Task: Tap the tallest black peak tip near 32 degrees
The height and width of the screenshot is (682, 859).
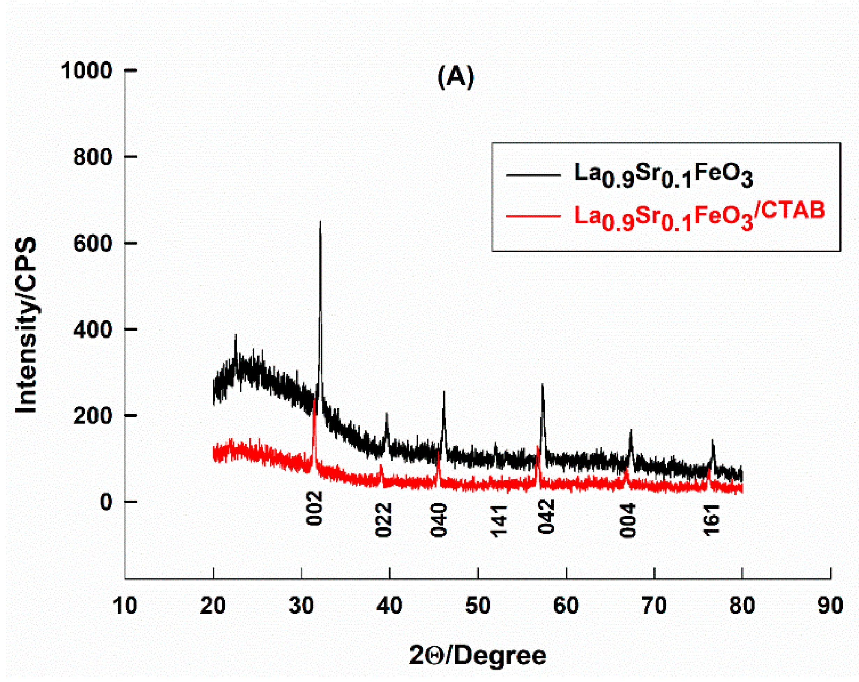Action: tap(320, 222)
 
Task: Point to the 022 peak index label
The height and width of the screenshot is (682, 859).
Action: tap(384, 520)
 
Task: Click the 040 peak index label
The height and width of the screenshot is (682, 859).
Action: tap(439, 520)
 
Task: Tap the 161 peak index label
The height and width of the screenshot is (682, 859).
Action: tap(712, 520)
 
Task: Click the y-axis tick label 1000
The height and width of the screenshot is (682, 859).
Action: tap(87, 71)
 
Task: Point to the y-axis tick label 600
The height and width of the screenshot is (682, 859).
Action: tap(93, 243)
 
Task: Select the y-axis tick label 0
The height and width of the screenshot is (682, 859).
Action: tap(106, 502)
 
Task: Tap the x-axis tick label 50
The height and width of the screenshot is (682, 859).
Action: tap(478, 606)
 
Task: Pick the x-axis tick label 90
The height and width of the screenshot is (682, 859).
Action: tap(830, 606)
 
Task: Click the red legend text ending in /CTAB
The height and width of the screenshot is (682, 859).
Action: tap(699, 216)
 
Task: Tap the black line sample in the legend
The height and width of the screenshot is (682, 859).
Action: tap(533, 175)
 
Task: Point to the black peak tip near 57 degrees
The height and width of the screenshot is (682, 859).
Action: tap(542, 385)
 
